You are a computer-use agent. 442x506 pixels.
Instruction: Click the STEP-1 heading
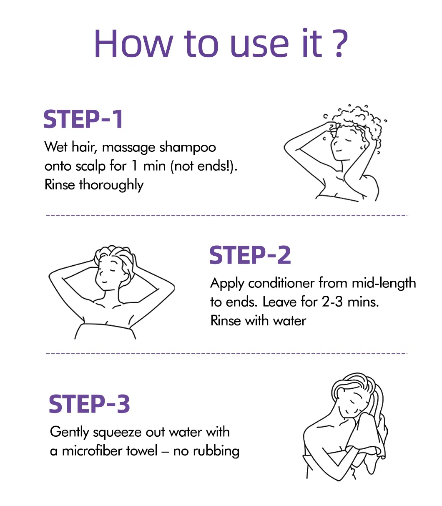pos(83,119)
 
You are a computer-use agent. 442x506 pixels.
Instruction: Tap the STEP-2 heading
pos(250,255)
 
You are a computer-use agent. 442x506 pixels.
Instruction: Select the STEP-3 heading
pos(89,404)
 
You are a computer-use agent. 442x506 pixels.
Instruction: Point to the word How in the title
pos(133,43)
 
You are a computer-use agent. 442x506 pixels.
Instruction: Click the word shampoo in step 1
pos(188,148)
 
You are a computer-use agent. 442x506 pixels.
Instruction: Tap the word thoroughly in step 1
pos(111,185)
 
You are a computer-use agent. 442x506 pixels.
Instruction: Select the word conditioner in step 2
pos(281,283)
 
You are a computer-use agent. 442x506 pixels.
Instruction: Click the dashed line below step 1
pos(227,215)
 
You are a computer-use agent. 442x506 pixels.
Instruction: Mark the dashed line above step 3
pos(227,354)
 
